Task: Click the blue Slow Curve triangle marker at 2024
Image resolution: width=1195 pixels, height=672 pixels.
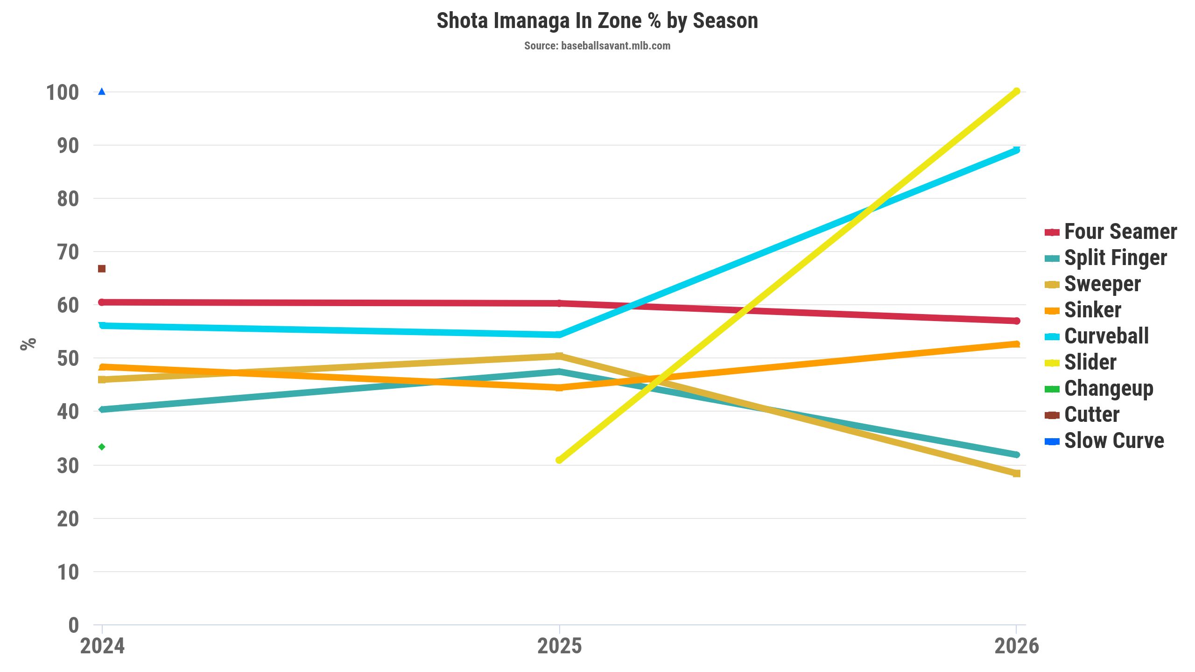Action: click(x=102, y=91)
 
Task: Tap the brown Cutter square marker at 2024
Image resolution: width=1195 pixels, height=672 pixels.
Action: click(x=102, y=269)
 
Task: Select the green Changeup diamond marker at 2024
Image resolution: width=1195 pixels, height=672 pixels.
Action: click(x=102, y=447)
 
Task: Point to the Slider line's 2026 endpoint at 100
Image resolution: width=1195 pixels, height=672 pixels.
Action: click(x=1016, y=91)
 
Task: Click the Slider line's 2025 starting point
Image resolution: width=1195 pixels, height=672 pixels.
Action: click(x=559, y=460)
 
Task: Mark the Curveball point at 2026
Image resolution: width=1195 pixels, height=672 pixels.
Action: click(x=1016, y=150)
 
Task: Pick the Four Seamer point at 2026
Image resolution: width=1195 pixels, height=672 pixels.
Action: click(x=1016, y=321)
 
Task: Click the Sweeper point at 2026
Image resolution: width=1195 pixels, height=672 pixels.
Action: click(x=1016, y=474)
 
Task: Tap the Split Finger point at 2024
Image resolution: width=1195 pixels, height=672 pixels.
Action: click(x=102, y=410)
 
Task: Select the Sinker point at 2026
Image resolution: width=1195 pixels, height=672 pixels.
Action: click(x=1016, y=344)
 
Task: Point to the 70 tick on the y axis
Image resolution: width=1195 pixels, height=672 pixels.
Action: click(x=68, y=252)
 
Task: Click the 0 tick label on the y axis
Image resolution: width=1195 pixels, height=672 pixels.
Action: click(x=73, y=625)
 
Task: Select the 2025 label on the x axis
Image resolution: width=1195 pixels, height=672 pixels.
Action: click(x=559, y=647)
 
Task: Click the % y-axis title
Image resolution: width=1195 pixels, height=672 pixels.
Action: click(x=28, y=344)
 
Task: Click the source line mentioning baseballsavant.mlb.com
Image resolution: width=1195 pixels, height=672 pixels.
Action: click(x=597, y=46)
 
